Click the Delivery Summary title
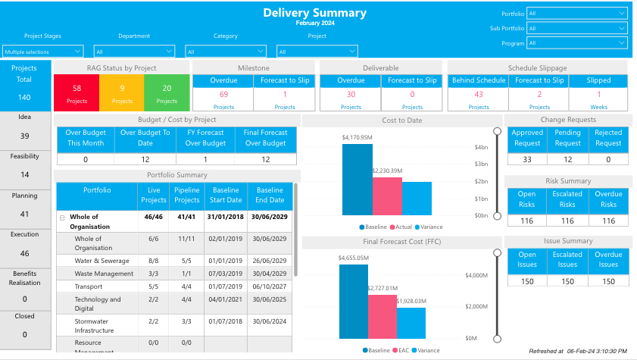coord(314,13)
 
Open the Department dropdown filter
coord(141,52)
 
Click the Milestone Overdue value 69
coord(223,95)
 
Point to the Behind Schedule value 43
coord(479,95)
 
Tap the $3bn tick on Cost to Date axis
coord(482,164)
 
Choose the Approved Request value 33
coord(527,159)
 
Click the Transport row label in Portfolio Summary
coord(88,286)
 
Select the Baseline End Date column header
coord(270,195)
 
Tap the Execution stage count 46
coord(25,254)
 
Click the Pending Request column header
coord(567,137)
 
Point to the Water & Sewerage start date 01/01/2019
coord(226,260)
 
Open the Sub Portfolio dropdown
coord(577,28)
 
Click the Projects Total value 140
coord(25,97)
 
